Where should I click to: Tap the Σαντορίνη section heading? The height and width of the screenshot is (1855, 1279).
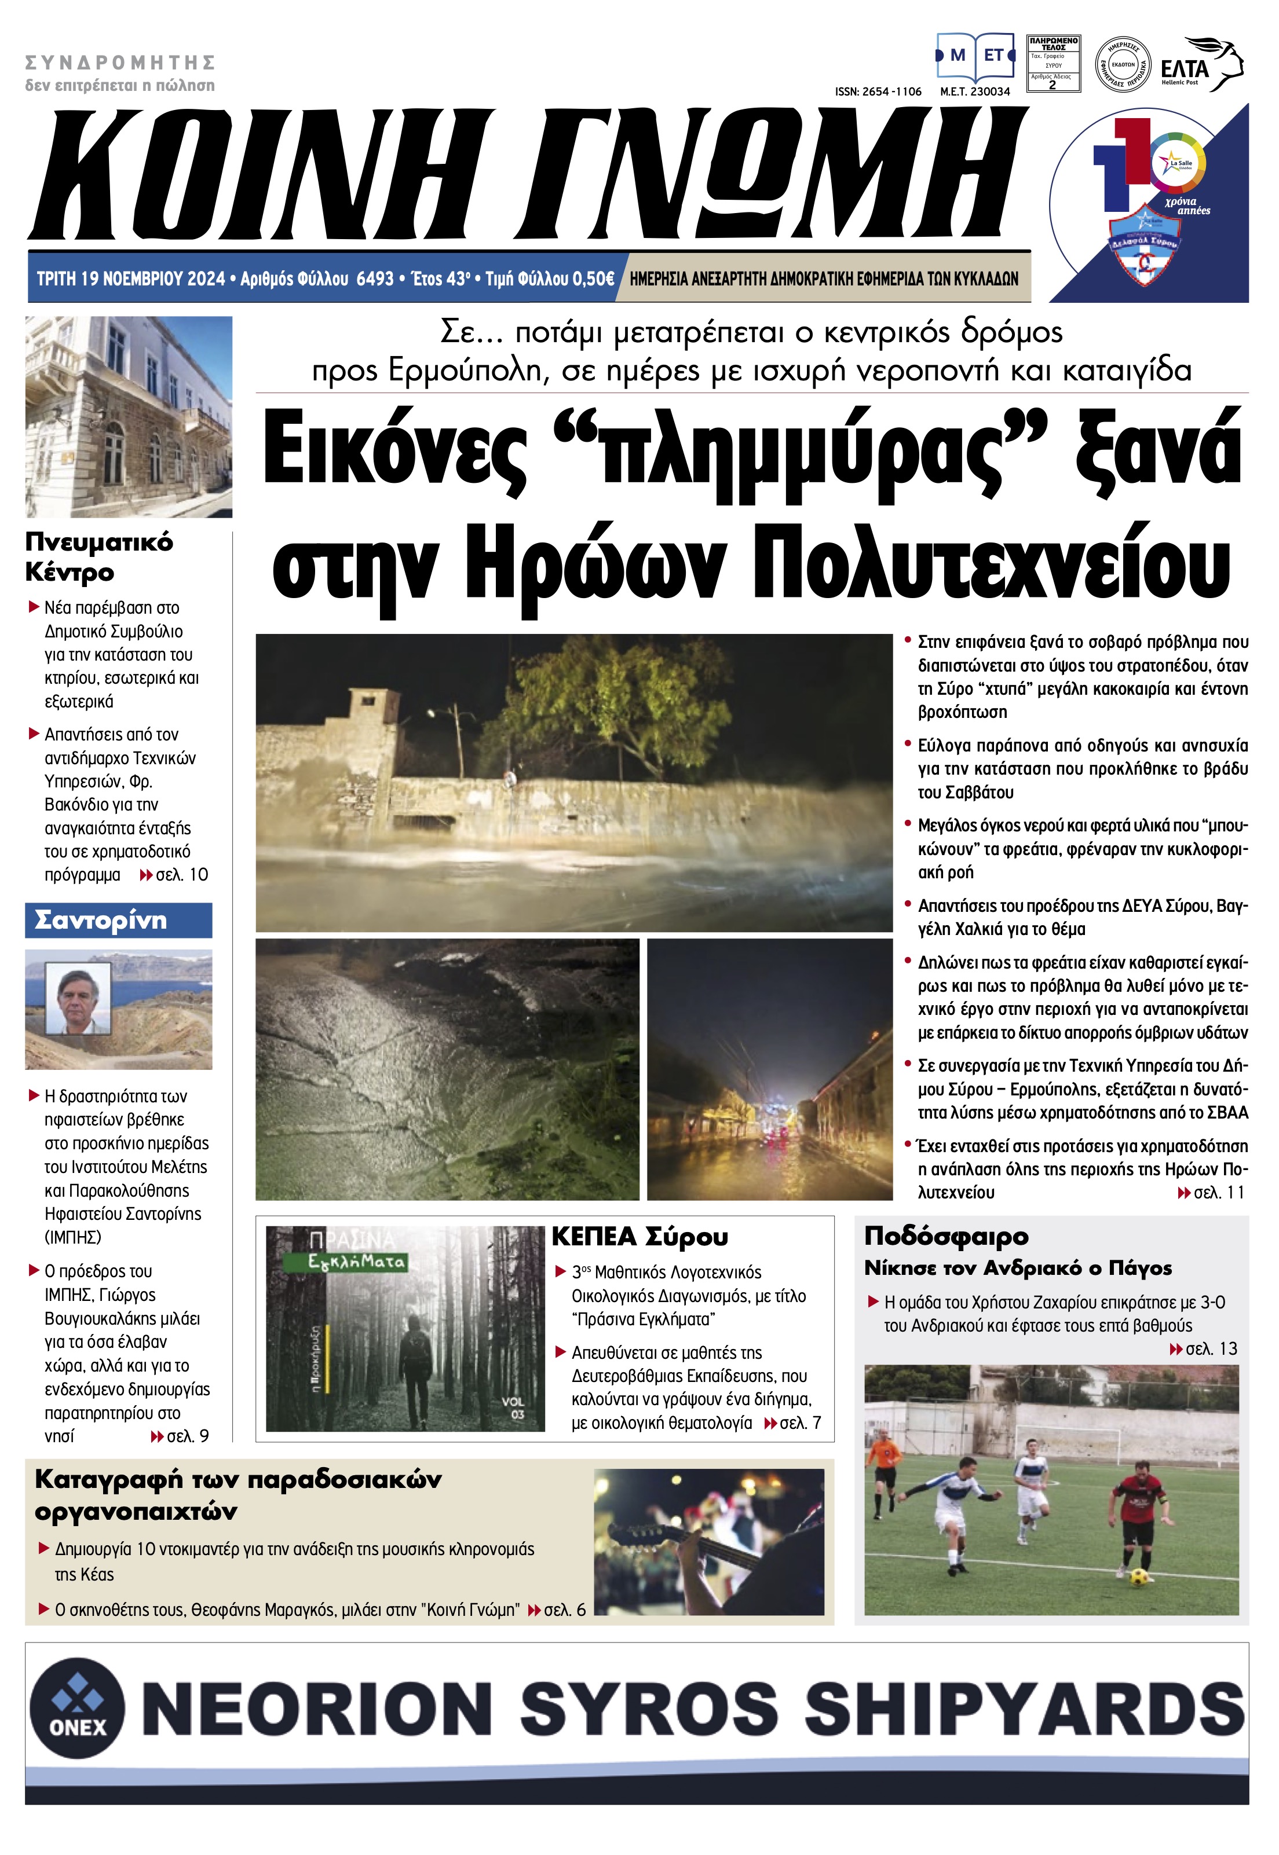[x=101, y=921]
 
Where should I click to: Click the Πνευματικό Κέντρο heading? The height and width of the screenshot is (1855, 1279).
[x=98, y=556]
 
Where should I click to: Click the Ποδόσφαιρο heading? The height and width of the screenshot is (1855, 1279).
[x=945, y=1236]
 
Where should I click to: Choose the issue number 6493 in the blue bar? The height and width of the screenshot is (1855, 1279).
[x=375, y=278]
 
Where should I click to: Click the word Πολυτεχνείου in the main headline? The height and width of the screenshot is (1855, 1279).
[x=991, y=564]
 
